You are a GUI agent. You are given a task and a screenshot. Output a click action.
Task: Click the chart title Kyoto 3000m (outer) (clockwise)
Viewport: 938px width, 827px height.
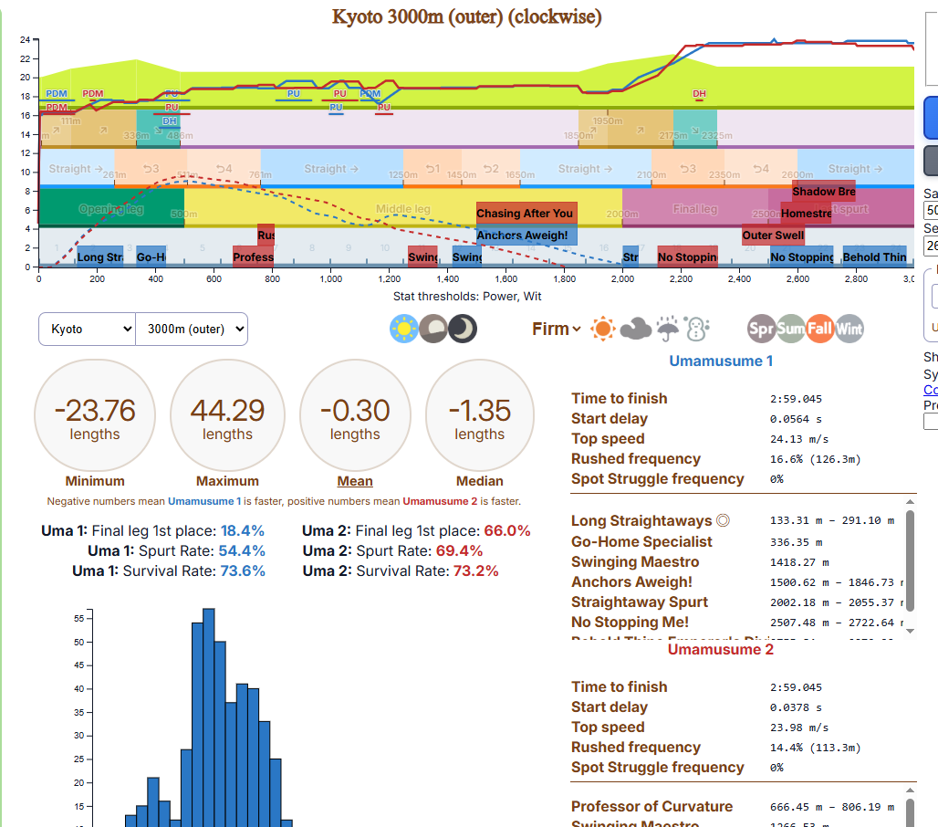pyautogui.click(x=466, y=16)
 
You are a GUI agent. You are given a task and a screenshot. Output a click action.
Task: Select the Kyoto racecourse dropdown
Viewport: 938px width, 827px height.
pyautogui.click(x=87, y=329)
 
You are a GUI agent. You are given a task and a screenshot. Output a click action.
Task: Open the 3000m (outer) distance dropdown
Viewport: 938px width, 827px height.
pyautogui.click(x=191, y=329)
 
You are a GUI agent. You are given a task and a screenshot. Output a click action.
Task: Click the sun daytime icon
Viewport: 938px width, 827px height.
pyautogui.click(x=403, y=329)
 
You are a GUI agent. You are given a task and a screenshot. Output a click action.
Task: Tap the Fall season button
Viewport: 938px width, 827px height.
pyautogui.click(x=820, y=329)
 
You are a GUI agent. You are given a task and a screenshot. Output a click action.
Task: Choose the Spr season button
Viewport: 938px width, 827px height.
pyautogui.click(x=761, y=329)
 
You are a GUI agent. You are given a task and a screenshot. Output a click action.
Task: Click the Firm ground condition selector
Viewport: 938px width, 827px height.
pyautogui.click(x=556, y=329)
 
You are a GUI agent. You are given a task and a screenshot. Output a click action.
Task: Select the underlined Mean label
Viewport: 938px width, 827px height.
pyautogui.click(x=355, y=481)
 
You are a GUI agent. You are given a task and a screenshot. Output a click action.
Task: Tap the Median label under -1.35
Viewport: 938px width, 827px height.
pyautogui.click(x=480, y=481)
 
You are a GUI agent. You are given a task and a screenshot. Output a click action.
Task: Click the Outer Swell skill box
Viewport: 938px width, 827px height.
pyautogui.click(x=773, y=236)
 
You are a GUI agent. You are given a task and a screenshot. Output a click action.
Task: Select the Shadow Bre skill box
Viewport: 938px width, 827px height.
pyautogui.click(x=823, y=192)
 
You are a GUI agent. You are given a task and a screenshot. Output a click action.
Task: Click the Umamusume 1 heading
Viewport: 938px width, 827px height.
pyautogui.click(x=721, y=361)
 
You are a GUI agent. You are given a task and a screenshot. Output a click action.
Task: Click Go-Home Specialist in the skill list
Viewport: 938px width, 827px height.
pyautogui.click(x=641, y=541)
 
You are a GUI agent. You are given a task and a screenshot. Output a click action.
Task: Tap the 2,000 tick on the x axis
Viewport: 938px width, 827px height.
pyautogui.click(x=623, y=279)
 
